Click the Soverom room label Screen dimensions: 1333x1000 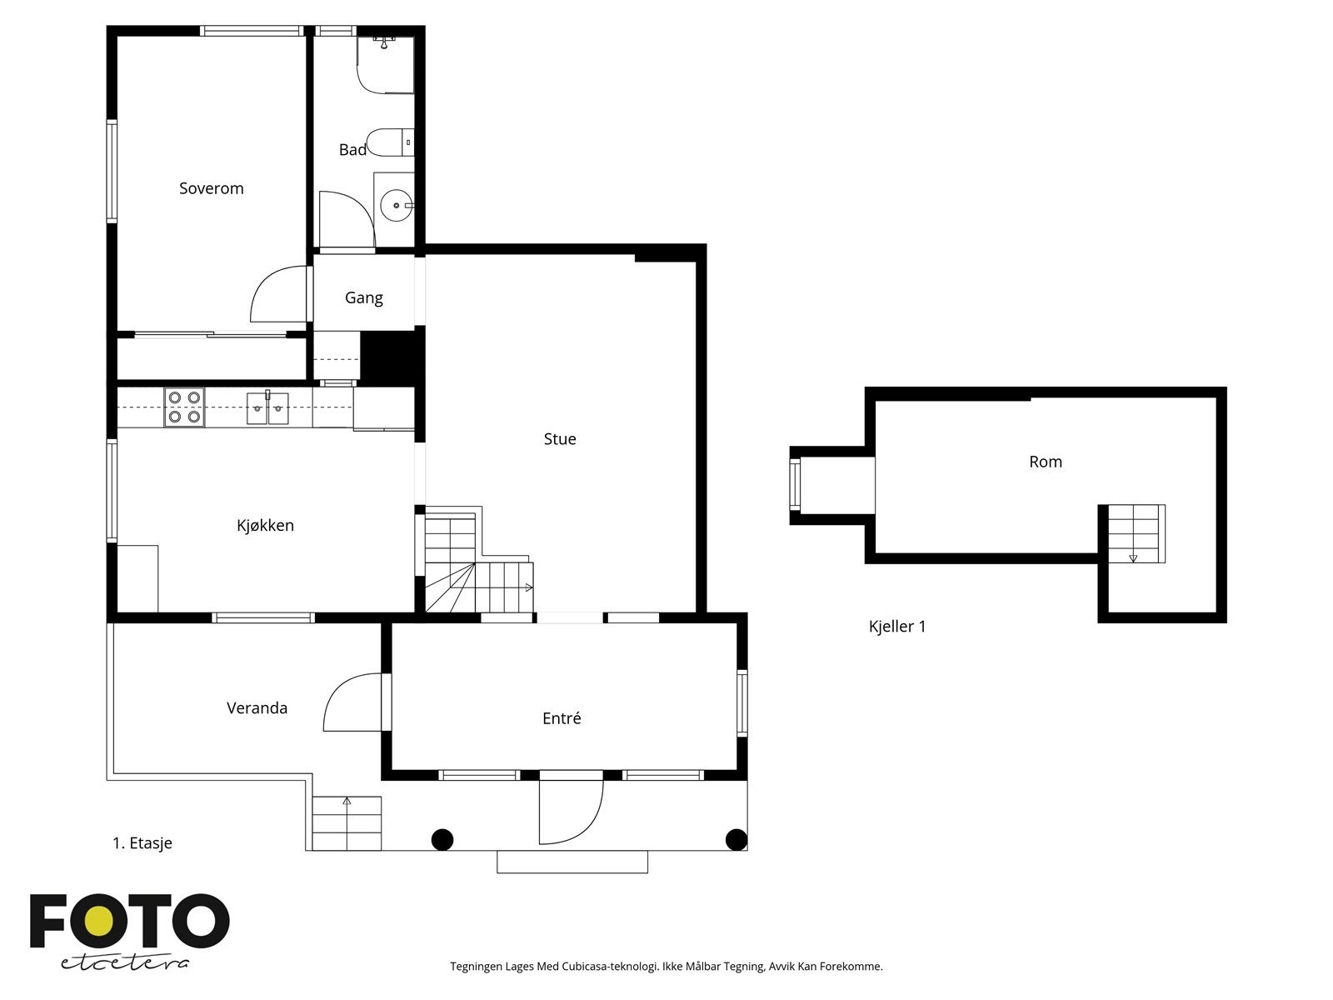pos(212,188)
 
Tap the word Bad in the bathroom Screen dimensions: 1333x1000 pos(352,149)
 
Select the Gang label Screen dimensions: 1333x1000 pos(364,298)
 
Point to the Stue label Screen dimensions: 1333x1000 pos(559,439)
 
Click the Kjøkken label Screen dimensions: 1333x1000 pos(266,525)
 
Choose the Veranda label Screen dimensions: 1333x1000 pos(257,708)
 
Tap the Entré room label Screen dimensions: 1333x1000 pos(562,718)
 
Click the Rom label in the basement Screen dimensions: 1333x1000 pos(1046,462)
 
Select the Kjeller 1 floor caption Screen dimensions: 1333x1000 pos(897,627)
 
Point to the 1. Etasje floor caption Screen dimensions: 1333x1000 pos(142,842)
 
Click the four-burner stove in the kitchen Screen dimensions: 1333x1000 pos(184,407)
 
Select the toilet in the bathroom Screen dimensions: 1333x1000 pos(391,142)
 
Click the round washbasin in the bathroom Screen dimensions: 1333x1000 pos(397,205)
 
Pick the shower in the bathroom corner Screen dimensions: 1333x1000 pos(386,65)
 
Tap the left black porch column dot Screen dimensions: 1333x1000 pos(442,840)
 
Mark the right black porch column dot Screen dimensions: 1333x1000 pos(736,840)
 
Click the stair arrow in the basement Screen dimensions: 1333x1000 pos(1132,558)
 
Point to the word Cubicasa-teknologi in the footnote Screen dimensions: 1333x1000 pos(610,966)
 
